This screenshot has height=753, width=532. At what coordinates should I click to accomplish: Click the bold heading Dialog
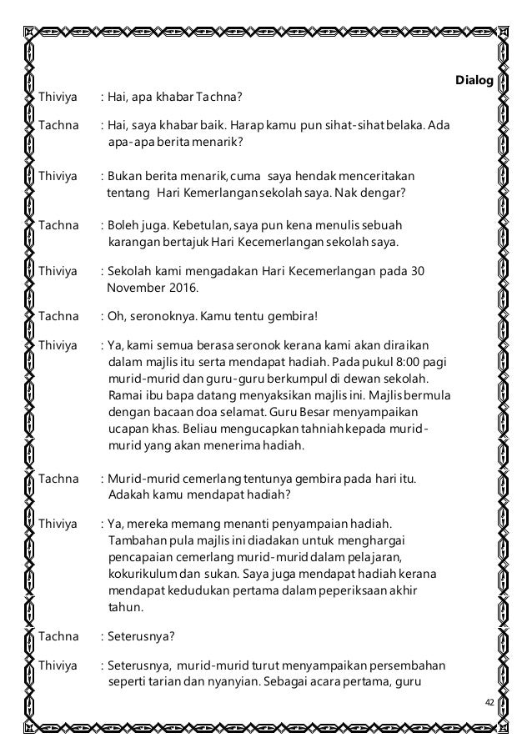click(x=473, y=81)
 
